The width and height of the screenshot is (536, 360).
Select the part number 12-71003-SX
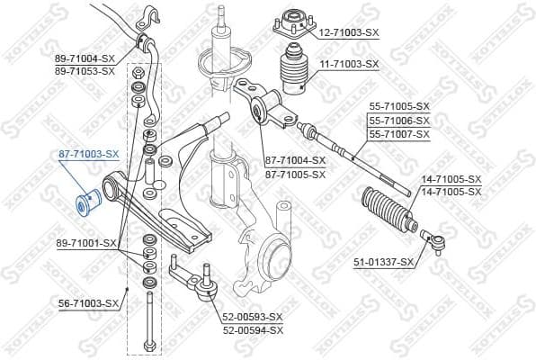[x=349, y=32]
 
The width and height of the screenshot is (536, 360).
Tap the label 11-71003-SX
[x=349, y=65]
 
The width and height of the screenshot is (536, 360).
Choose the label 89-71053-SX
[x=85, y=69]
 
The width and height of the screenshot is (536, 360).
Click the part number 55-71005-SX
[x=399, y=106]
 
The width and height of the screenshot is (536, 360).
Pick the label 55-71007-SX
[x=399, y=133]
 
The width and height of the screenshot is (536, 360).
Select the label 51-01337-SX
[x=383, y=262]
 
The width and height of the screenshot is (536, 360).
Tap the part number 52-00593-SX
[x=253, y=317]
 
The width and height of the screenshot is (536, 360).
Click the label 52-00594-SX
[x=253, y=329]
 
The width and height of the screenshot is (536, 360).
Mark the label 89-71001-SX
[x=87, y=243]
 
